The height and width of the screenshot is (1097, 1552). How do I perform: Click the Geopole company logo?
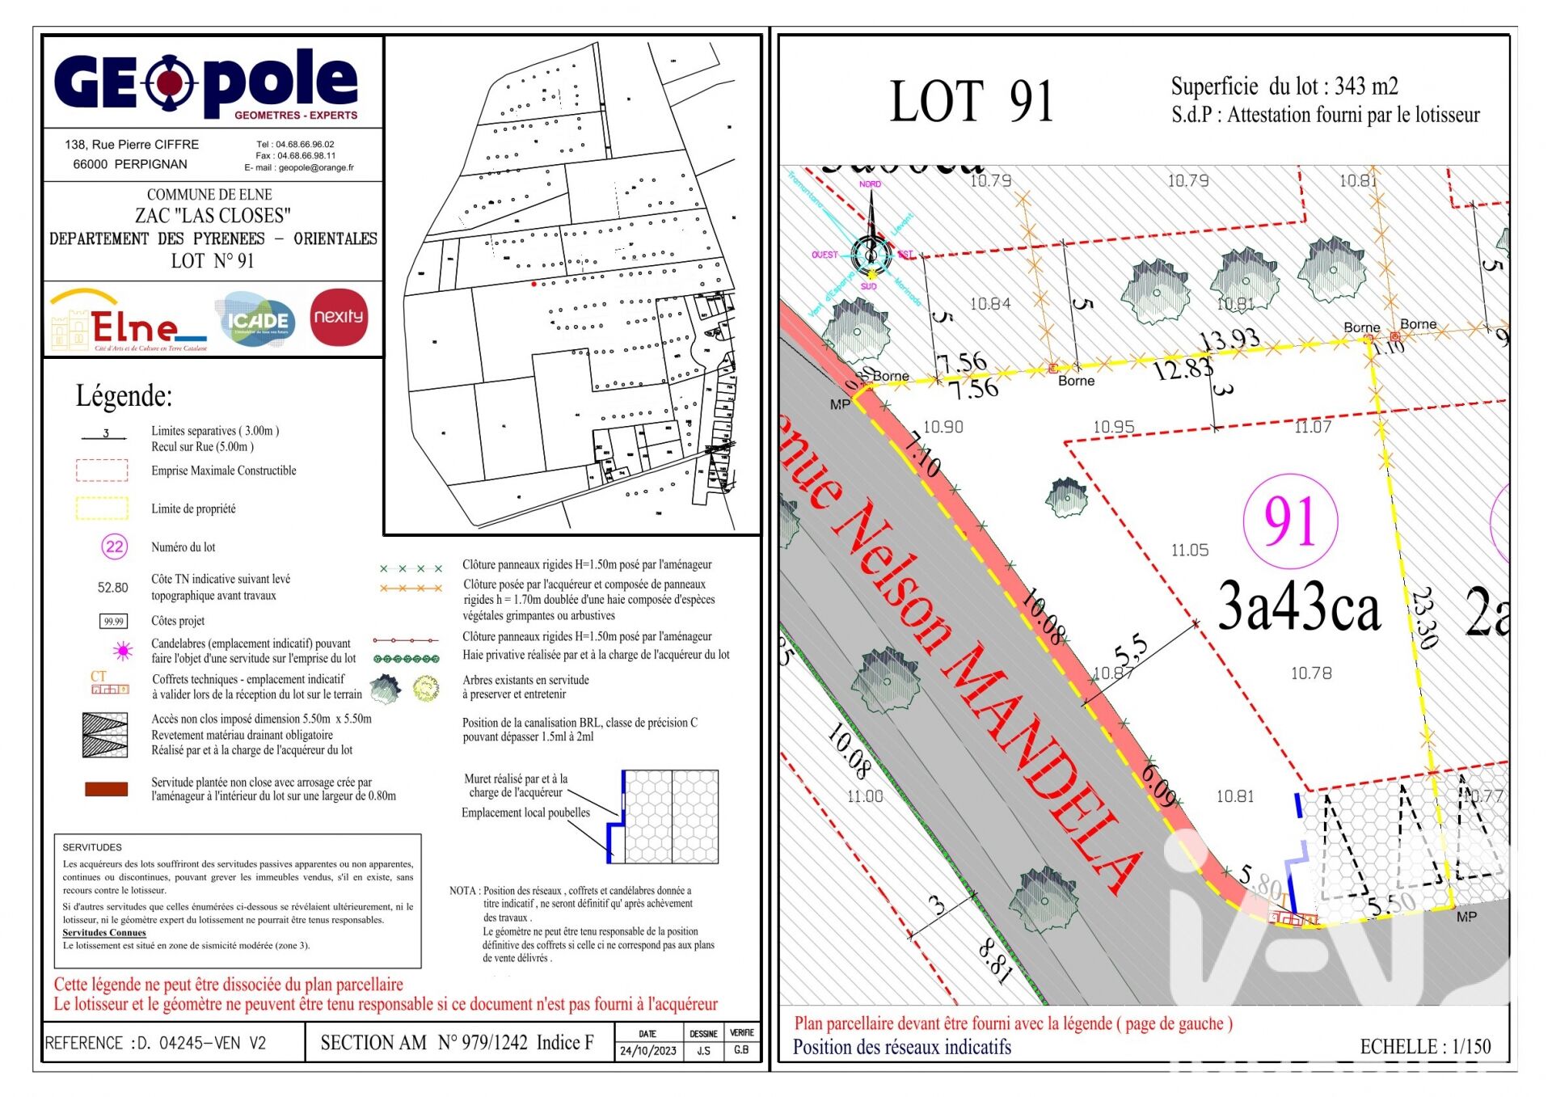[x=206, y=83]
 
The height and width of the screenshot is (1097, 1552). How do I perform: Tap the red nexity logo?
[x=339, y=317]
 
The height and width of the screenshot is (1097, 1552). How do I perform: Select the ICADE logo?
[x=256, y=321]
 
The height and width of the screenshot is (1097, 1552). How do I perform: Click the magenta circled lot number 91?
[x=1289, y=521]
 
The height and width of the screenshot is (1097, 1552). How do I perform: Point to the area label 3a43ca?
[x=1298, y=607]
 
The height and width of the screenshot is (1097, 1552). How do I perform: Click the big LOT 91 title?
[x=972, y=102]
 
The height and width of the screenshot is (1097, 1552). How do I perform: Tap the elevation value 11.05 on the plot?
[x=1190, y=551]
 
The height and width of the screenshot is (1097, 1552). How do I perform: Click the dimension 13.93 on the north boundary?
[x=1229, y=340]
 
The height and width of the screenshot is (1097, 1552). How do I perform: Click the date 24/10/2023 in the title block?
[x=647, y=1051]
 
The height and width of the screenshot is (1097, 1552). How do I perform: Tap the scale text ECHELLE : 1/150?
[x=1425, y=1047]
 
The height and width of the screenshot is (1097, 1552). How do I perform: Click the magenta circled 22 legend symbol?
[x=114, y=547]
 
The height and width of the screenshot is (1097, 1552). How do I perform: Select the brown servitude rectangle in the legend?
[x=106, y=789]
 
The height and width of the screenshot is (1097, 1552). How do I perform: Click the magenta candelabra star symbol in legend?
[x=123, y=650]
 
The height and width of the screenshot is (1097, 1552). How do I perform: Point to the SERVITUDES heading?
[x=92, y=847]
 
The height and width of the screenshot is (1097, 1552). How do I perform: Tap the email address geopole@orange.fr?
[x=316, y=168]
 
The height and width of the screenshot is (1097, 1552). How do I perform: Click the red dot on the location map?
[x=533, y=284]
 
